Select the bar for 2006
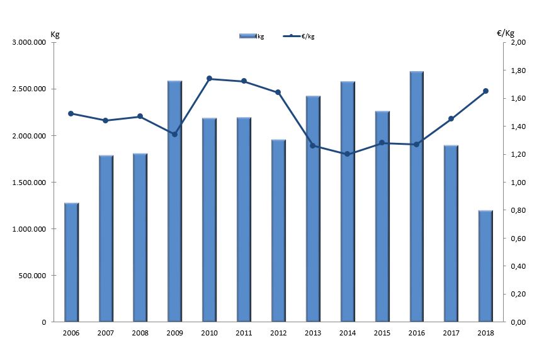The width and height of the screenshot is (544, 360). tap(71, 262)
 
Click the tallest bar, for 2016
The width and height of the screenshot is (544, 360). tap(416, 196)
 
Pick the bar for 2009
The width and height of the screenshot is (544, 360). tap(174, 201)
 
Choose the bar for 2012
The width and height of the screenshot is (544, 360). tap(278, 230)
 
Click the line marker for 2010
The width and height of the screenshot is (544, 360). tap(209, 79)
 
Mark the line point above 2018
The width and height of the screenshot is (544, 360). tap(485, 91)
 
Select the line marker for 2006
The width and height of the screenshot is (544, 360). tap(71, 114)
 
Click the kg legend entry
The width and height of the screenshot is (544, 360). tap(252, 37)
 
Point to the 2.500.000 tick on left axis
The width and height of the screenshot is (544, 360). tap(30, 89)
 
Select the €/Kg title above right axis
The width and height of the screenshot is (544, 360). tap(506, 33)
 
